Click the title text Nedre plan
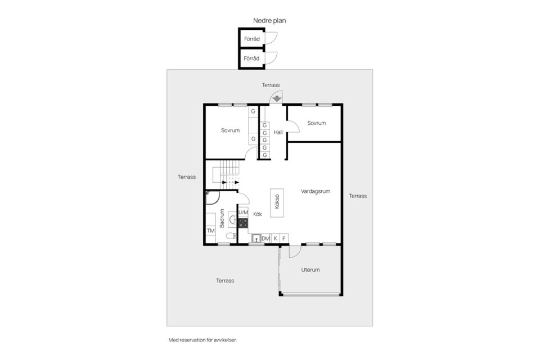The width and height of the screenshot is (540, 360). [270, 20]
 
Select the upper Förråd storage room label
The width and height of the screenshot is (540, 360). [251, 39]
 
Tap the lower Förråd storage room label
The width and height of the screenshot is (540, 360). [251, 58]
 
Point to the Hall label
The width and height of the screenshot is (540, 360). [278, 132]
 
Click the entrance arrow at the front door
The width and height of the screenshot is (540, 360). [277, 98]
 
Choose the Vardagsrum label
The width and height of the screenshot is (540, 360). [315, 191]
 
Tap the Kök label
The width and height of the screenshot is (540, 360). [258, 214]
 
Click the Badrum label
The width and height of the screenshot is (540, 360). [222, 218]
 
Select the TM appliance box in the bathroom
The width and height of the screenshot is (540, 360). [211, 231]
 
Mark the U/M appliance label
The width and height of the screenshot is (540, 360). [244, 213]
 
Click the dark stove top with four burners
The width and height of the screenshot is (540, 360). [243, 223]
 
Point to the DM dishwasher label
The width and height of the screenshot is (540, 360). [265, 238]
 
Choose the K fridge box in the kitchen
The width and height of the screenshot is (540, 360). [276, 238]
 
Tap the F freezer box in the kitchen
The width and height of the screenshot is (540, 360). [283, 238]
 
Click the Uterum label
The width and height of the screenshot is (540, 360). [310, 270]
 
